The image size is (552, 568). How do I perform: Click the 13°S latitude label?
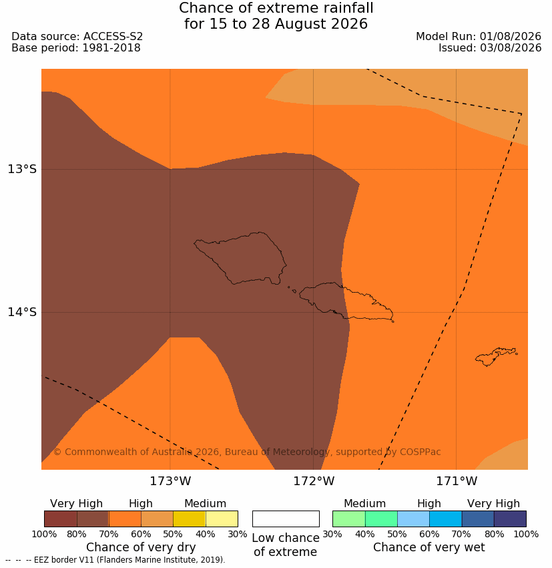tap(22, 169)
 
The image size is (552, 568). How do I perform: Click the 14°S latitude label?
tap(22, 312)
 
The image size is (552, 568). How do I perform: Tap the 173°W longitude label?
tap(170, 481)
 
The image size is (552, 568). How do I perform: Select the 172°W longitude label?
tap(314, 481)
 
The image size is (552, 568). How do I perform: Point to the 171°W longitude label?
tap(457, 481)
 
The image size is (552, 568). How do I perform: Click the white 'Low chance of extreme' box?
tap(286, 519)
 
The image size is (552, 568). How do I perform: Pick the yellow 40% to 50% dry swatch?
tap(189, 519)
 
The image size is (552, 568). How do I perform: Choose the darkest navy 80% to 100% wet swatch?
tap(510, 519)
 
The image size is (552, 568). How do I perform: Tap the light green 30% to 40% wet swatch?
tap(348, 519)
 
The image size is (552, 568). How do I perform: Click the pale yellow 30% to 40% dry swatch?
tap(222, 519)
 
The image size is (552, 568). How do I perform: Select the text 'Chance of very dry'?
tap(141, 547)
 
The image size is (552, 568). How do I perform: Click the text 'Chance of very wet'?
tap(429, 547)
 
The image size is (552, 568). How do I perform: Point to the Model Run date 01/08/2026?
tap(511, 37)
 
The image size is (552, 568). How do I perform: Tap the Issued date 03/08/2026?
tap(511, 48)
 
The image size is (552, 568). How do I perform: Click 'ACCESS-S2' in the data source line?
tap(113, 37)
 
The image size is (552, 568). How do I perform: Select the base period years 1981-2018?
tap(111, 48)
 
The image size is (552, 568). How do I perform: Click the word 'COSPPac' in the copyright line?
tap(420, 452)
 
